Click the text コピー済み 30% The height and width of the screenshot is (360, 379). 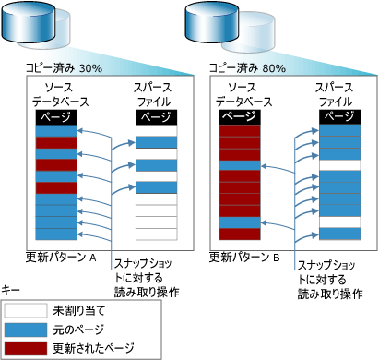(x=64, y=67)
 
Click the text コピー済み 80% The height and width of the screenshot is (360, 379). (x=246, y=67)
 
